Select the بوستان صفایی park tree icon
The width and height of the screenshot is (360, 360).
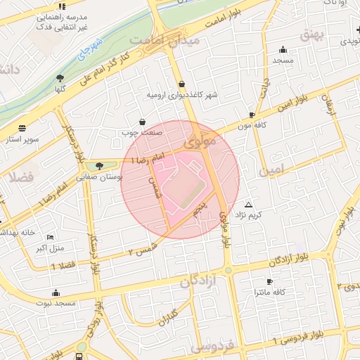click(99, 166)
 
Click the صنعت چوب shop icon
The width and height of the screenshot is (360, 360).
click(143, 122)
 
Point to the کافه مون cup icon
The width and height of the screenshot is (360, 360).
click(252, 114)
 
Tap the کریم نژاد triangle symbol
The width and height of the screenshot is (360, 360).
click(247, 204)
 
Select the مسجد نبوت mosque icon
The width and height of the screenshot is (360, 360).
click(56, 292)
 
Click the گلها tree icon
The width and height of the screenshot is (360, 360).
click(60, 78)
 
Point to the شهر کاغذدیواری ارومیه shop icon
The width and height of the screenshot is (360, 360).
click(181, 84)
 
